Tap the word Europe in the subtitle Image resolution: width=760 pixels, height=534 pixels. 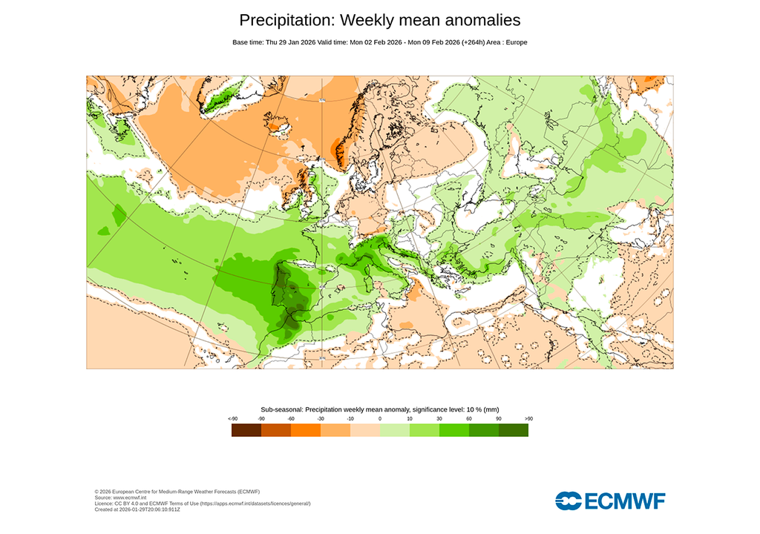coord(515,42)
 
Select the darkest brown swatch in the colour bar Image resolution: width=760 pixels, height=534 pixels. coord(246,430)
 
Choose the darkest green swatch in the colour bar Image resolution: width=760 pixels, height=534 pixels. coord(514,430)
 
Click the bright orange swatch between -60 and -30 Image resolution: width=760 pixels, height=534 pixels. coord(306,430)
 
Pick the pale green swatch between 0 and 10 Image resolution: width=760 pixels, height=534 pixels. coord(395,430)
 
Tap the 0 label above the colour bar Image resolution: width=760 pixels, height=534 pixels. coord(380,419)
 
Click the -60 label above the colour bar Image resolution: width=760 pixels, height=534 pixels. coord(291,419)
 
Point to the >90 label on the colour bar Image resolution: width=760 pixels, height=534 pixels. coord(528,419)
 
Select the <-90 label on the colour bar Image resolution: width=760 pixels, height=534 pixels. coord(232,419)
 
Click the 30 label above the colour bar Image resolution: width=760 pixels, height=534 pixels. coord(439,419)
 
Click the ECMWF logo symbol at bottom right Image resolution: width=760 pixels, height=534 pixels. coord(569,501)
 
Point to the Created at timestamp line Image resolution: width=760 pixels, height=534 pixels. coord(137,510)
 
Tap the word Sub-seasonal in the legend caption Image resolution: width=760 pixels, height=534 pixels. coord(281,409)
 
